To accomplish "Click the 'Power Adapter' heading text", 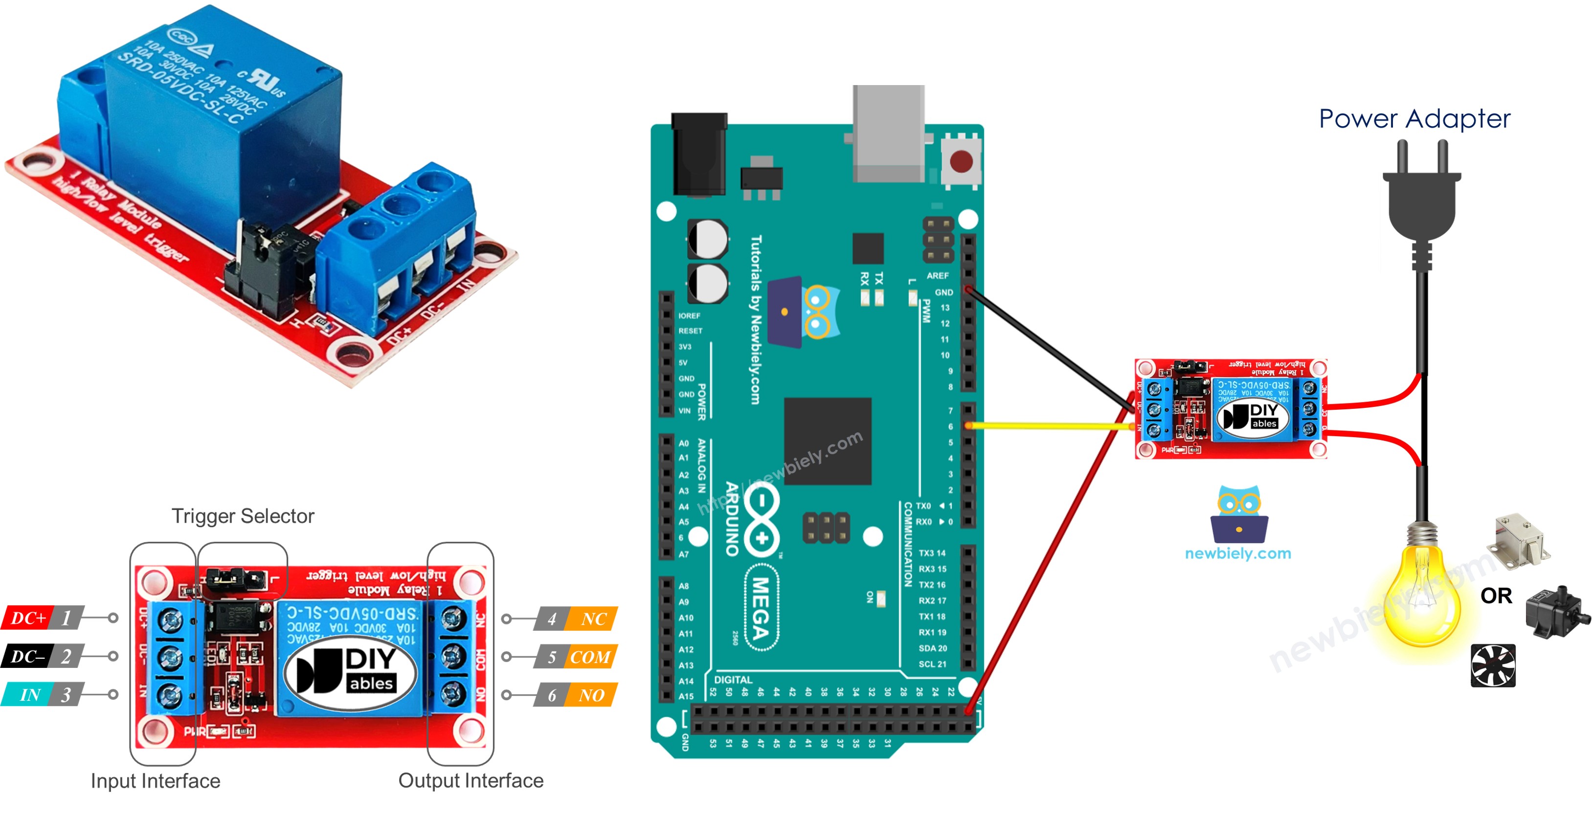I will click(x=1414, y=119).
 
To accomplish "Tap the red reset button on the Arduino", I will click(x=961, y=162).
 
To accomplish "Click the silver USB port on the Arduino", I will click(x=888, y=133).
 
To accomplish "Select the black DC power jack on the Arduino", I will click(x=699, y=155).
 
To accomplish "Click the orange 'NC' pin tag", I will click(x=593, y=619).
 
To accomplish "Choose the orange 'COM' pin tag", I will click(x=590, y=657).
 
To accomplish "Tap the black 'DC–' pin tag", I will click(x=28, y=656).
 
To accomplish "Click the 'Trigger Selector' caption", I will click(x=243, y=516).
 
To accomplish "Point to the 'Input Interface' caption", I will click(x=155, y=781).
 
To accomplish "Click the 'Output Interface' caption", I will click(x=471, y=780).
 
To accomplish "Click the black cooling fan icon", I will click(x=1493, y=665).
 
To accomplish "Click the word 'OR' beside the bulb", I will click(x=1496, y=596).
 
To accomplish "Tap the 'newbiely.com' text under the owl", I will click(x=1238, y=553).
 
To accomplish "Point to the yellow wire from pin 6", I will click(x=1051, y=426).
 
